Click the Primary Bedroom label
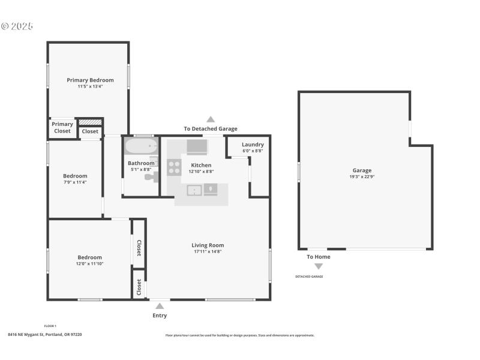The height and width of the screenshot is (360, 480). click(x=90, y=80)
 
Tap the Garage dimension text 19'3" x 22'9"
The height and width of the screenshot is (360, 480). click(x=362, y=177)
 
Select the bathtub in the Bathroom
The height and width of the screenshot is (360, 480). click(x=140, y=146)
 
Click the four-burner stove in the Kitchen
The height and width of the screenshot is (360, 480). click(x=174, y=167)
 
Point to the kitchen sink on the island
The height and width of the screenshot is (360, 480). click(x=194, y=190)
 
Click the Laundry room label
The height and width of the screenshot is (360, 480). click(x=253, y=145)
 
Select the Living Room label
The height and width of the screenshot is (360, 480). click(x=208, y=245)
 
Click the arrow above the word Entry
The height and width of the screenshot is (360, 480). click(x=160, y=306)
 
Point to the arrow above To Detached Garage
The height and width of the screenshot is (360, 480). click(x=211, y=119)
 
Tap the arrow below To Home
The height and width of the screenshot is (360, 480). click(x=319, y=266)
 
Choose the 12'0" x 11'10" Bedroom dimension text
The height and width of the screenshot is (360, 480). click(x=89, y=263)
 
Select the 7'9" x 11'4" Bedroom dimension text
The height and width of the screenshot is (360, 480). click(x=75, y=182)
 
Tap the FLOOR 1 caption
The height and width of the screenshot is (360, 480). click(x=50, y=326)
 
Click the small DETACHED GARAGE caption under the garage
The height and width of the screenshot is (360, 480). click(x=308, y=277)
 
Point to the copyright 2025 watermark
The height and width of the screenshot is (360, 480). click(x=17, y=26)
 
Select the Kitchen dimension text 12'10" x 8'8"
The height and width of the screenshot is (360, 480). click(x=201, y=171)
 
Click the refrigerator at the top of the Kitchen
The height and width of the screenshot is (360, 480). click(x=196, y=147)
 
